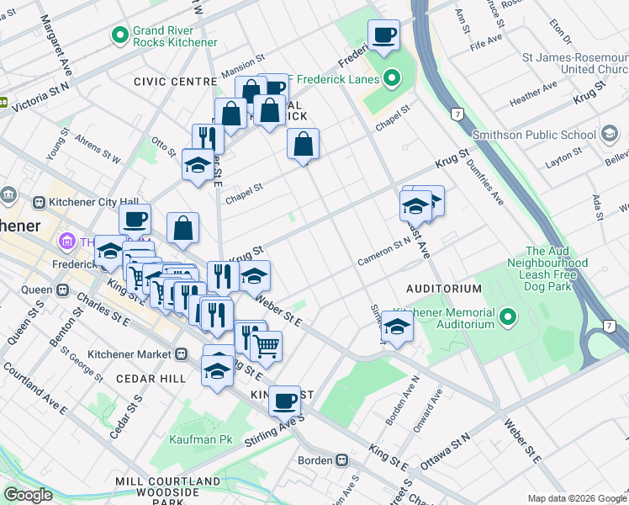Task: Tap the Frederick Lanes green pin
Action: click(391, 80)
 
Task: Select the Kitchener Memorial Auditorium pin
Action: click(507, 317)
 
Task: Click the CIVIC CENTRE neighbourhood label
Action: click(175, 82)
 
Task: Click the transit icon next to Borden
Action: click(342, 460)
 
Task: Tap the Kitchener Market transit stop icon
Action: click(182, 354)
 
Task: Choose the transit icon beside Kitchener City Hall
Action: click(39, 202)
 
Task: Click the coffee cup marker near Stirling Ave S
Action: click(285, 400)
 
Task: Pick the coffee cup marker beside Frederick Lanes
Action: click(383, 35)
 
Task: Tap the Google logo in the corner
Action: click(29, 495)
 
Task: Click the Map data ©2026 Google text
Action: click(576, 498)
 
